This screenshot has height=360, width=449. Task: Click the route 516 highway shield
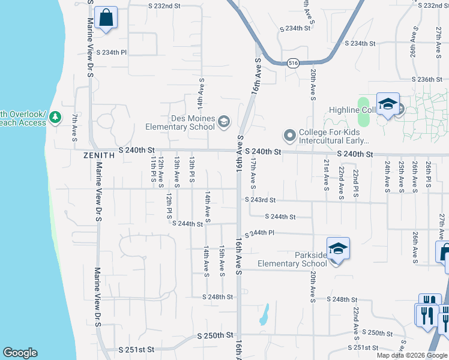(293, 63)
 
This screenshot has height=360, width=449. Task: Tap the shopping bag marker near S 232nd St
(106, 18)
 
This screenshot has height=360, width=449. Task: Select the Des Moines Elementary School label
(181, 122)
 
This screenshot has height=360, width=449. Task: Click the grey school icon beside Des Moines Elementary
(224, 122)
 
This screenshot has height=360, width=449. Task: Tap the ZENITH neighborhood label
(99, 155)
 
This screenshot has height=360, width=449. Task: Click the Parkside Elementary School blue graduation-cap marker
(338, 248)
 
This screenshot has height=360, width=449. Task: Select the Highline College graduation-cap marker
(388, 104)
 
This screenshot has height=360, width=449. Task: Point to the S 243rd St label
(260, 200)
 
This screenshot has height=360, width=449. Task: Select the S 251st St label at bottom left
(137, 349)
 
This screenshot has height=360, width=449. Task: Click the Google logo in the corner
(20, 353)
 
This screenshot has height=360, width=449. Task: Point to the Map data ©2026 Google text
(412, 355)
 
